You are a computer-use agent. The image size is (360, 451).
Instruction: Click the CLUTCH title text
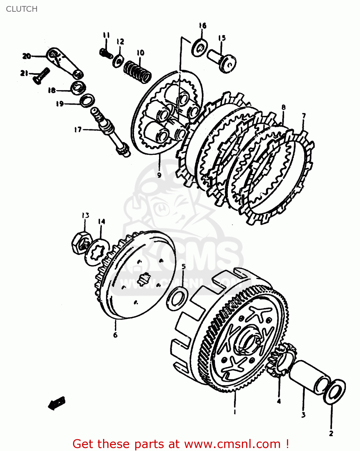22,9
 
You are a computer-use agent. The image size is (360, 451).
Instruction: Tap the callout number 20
26,56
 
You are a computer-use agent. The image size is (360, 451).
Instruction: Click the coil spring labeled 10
138,72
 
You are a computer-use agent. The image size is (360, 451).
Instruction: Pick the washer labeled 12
118,61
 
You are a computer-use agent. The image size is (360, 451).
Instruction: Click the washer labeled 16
200,48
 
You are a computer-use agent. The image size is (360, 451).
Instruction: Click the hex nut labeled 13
80,243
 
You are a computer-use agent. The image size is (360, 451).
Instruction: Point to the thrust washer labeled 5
178,299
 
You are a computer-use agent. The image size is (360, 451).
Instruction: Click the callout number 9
159,175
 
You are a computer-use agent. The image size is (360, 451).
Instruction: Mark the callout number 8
283,107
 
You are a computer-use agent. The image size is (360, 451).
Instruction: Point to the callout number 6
115,335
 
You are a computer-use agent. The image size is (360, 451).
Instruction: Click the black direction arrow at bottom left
56,403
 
